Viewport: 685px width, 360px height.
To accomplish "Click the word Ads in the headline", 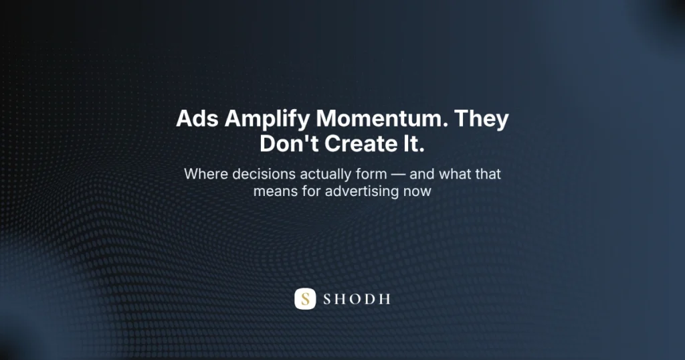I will pyautogui.click(x=197, y=119).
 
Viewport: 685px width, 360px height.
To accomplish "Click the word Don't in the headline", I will pyautogui.click(x=287, y=145).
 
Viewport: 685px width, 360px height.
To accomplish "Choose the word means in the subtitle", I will pyautogui.click(x=273, y=191).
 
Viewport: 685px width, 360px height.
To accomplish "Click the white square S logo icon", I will pyautogui.click(x=305, y=298).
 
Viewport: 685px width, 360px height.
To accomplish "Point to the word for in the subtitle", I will pyautogui.click(x=306, y=191).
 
